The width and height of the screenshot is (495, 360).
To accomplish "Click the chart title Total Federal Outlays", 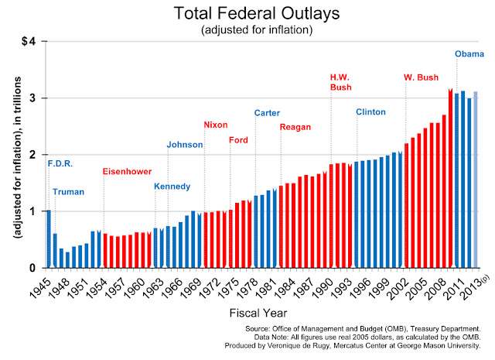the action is click(257, 14).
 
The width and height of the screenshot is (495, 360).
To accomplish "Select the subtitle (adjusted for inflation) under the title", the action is click(257, 30).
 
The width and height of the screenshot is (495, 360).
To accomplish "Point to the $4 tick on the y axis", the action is click(29, 41).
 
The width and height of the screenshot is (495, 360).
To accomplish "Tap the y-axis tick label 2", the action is click(32, 155).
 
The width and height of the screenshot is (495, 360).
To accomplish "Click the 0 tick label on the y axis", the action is click(32, 268).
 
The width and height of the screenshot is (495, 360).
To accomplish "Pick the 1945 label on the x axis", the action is click(39, 288).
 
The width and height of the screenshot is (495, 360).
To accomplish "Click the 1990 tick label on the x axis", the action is click(322, 288).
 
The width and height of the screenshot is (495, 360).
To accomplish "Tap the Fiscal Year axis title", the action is click(258, 313).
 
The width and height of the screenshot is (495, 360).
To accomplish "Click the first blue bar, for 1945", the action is click(49, 238).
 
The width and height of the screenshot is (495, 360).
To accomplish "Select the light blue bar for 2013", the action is click(476, 180).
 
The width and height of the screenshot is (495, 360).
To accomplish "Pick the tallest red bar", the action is click(450, 178).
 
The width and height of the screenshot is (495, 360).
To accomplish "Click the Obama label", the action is click(469, 54).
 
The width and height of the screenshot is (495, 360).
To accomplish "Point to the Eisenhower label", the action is click(127, 171).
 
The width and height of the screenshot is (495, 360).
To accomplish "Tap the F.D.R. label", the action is click(60, 163).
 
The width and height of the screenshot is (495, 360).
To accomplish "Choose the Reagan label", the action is click(295, 127).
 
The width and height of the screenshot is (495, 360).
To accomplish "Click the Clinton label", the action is click(370, 112).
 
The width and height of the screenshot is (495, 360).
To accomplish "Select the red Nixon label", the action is click(216, 125).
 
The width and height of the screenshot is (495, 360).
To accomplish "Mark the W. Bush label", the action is click(421, 77).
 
